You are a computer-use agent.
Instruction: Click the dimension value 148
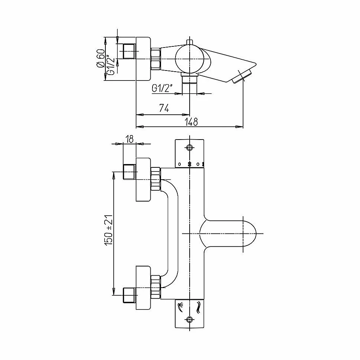[x=192, y=122]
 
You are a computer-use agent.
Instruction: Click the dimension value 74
[x=164, y=108]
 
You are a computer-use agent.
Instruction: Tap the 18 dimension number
[x=130, y=139]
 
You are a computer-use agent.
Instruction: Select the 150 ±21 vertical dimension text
[x=109, y=230]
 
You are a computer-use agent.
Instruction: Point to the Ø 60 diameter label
[x=101, y=59]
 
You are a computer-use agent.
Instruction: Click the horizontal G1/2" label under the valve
[x=162, y=88]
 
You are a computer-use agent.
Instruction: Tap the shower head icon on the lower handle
[x=180, y=307]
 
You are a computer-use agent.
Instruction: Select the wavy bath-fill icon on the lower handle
[x=198, y=308]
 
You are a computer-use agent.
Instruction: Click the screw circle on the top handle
[x=189, y=148]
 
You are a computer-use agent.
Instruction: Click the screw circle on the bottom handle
[x=189, y=319]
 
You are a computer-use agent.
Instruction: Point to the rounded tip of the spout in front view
[x=255, y=234]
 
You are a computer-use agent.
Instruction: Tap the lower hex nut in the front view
[x=156, y=287]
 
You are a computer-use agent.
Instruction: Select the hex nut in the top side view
[x=155, y=59]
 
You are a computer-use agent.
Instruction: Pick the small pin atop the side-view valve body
[x=190, y=41]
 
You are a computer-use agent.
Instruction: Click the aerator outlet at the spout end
[x=242, y=77]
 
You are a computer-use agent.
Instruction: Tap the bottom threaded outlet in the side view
[x=189, y=81]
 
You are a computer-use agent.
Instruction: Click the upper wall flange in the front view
[x=143, y=180]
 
